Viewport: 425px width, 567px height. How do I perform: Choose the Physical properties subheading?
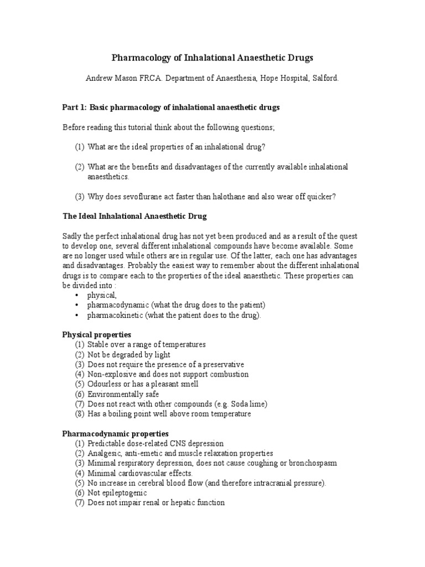click(96, 334)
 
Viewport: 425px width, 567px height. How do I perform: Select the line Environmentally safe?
click(123, 394)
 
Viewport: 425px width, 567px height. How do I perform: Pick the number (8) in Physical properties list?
click(80, 414)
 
